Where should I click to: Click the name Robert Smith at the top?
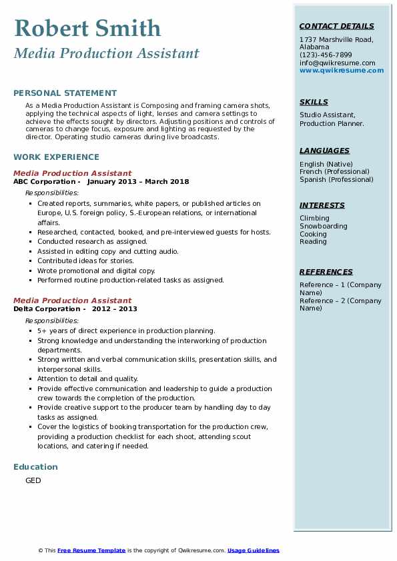[87, 29]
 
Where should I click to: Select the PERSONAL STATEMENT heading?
[65, 93]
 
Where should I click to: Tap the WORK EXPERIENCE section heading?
[56, 157]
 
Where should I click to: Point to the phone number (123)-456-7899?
[326, 55]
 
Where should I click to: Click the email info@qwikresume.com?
[337, 63]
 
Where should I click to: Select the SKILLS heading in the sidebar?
[314, 102]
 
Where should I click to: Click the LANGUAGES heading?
[324, 151]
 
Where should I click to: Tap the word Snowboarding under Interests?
[324, 227]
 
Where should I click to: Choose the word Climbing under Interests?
[314, 219]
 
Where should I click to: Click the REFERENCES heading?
[326, 272]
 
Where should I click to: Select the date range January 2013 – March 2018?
[138, 181]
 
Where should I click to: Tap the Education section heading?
[35, 466]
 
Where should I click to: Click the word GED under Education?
[33, 480]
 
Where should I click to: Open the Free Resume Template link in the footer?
[91, 550]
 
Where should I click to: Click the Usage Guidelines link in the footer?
[253, 550]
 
